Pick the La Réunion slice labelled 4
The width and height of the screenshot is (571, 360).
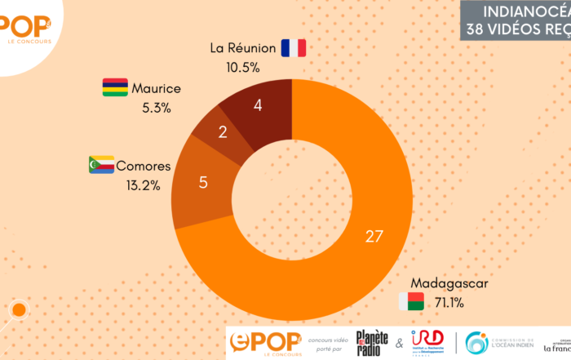pos(258,104)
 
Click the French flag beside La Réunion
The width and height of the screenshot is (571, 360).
pos(293,48)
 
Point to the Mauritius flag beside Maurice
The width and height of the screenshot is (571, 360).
pos(114,87)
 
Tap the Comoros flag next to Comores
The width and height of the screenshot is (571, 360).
pos(100,166)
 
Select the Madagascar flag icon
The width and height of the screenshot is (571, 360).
pos(412,300)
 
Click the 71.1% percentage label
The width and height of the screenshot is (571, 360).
pos(449,303)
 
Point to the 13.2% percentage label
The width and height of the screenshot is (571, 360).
pos(144,185)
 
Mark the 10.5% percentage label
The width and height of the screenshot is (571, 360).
pos(243,66)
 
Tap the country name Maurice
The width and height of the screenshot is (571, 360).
pos(156,88)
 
